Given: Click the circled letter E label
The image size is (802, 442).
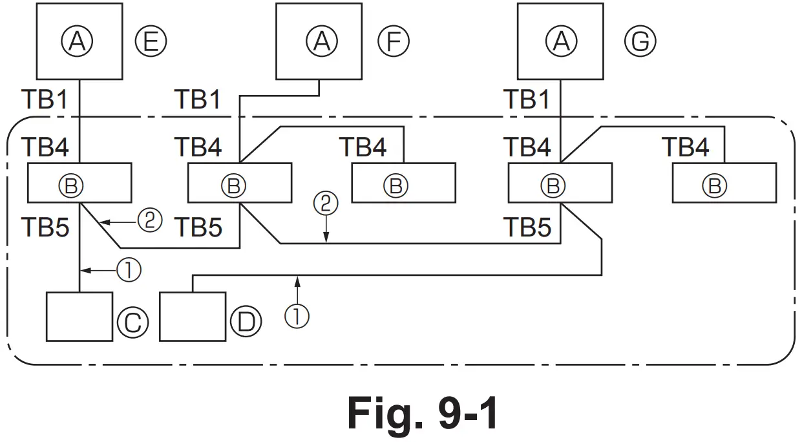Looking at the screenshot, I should tap(151, 41).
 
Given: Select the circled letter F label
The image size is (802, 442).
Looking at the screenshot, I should tap(394, 41).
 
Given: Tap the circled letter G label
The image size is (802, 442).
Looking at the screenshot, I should tap(640, 41).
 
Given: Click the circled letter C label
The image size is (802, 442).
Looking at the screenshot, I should tap(132, 322).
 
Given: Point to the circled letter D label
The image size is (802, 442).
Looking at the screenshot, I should tap(246, 322).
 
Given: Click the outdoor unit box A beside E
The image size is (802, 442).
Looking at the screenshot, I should tap(79, 41).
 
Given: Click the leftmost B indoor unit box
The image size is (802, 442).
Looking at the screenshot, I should tap(79, 184).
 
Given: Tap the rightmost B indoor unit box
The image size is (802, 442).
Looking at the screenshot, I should tap(724, 184).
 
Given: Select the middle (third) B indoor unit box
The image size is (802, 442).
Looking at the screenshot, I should tap(403, 184).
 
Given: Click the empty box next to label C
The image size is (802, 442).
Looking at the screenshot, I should tap(79, 317).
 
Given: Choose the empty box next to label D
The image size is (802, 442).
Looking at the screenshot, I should tap(193, 317).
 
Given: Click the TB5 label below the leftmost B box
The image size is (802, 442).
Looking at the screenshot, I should tap(45, 227).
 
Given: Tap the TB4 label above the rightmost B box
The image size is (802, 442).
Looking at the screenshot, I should tap(686, 147).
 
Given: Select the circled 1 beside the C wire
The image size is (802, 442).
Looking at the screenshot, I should tap(129, 270).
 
